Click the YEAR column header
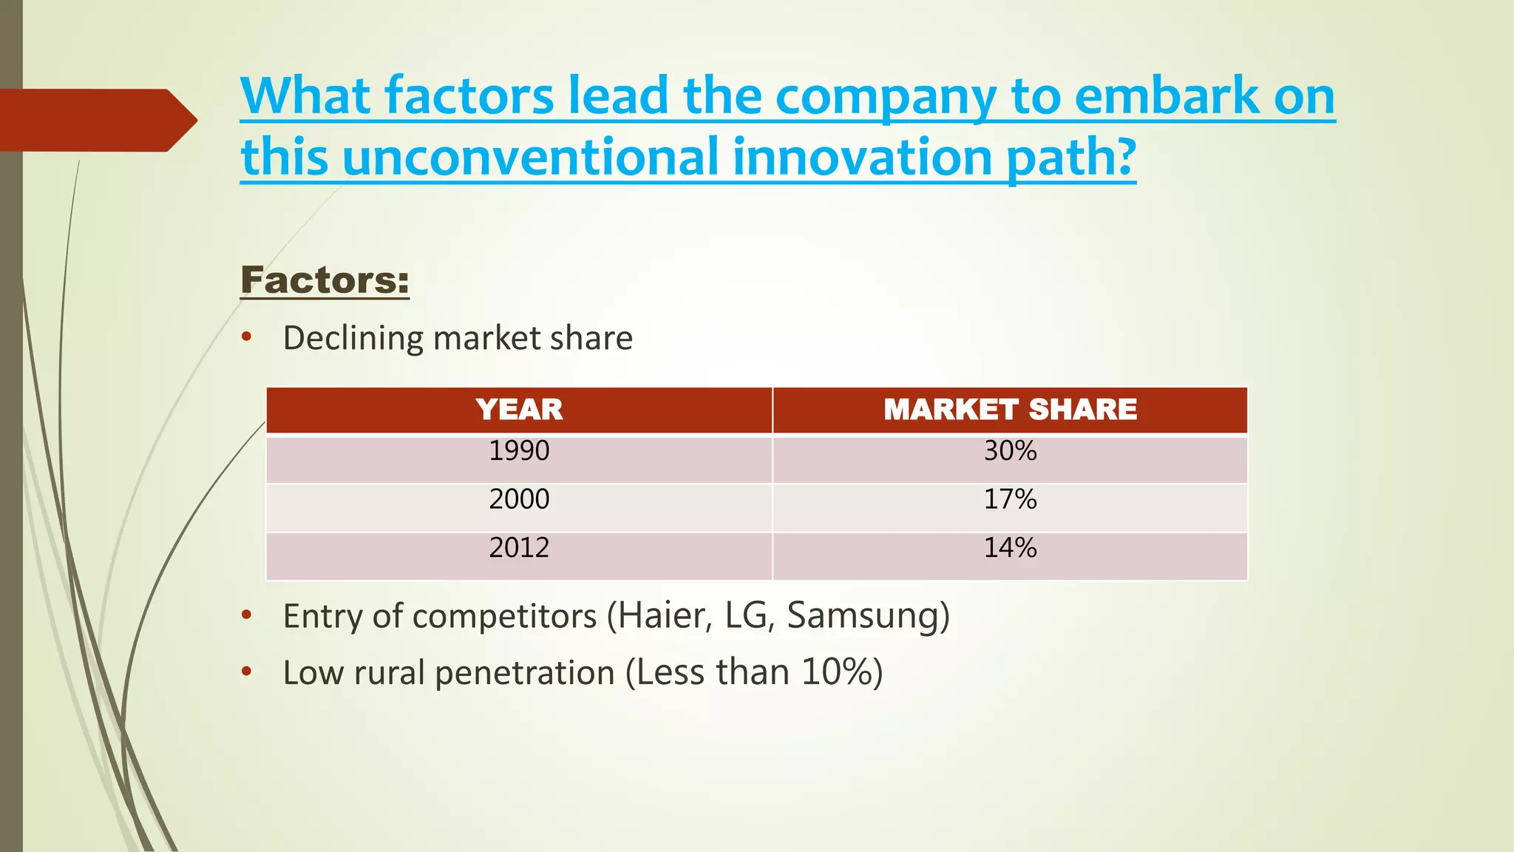[x=519, y=410]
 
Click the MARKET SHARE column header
[x=1010, y=410]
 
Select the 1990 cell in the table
[x=519, y=451]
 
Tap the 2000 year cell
[x=519, y=499]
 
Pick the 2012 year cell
[x=519, y=548]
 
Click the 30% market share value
[x=1010, y=451]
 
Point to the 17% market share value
[x=1010, y=499]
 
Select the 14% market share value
[x=1010, y=548]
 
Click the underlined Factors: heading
[x=325, y=280]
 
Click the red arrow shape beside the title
[x=96, y=120]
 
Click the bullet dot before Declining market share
[x=247, y=338]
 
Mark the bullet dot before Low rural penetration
[x=247, y=672]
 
